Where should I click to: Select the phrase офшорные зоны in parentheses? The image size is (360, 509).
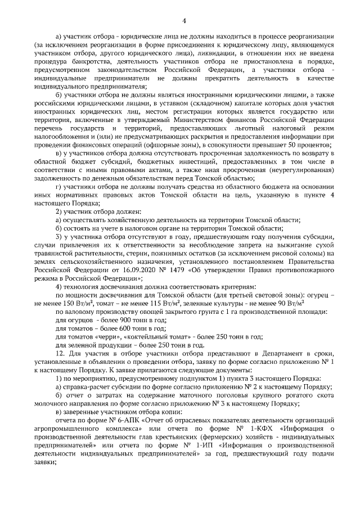click(160, 145)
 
